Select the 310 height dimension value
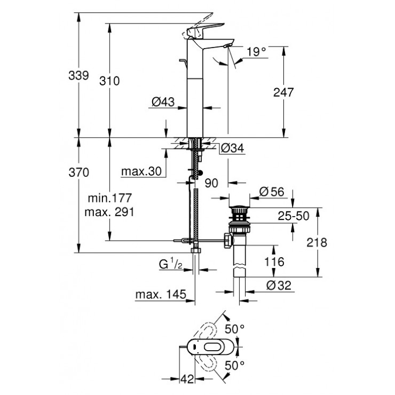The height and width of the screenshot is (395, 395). [x=110, y=81]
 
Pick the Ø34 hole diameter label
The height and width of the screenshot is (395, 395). [x=232, y=148]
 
